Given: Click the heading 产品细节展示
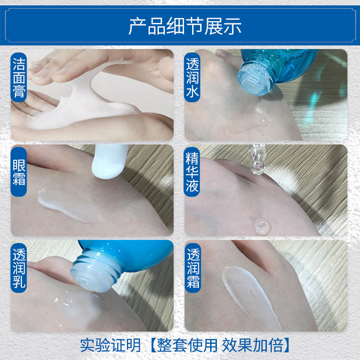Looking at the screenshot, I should [x=185, y=27].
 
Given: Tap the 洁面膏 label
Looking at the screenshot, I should [x=19, y=81].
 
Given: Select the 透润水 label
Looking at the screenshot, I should [x=193, y=81].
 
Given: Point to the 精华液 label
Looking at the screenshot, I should [x=193, y=173].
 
